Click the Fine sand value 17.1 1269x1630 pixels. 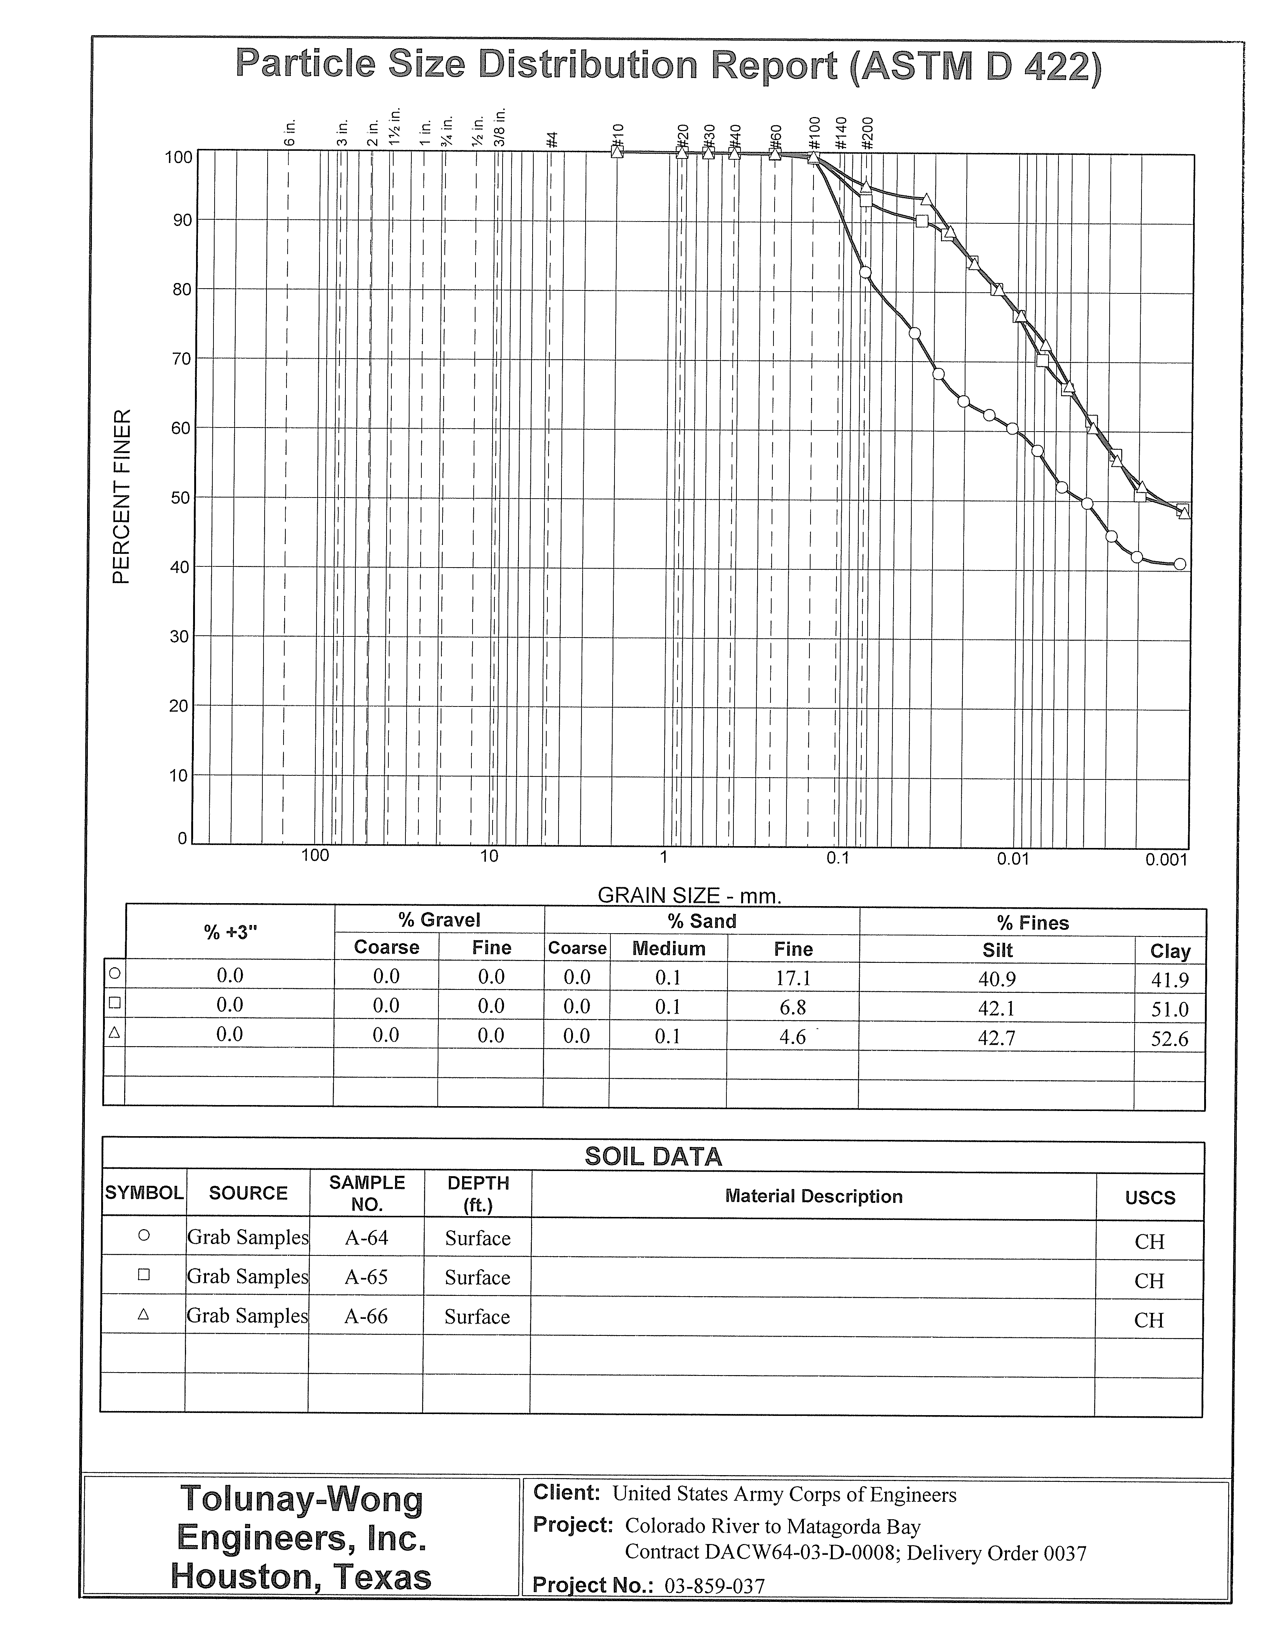793,978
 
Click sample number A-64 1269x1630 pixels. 367,1237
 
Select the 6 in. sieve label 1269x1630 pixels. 290,132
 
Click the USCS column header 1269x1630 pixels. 1150,1198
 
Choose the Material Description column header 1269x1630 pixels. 814,1196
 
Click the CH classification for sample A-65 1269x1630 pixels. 1149,1281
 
